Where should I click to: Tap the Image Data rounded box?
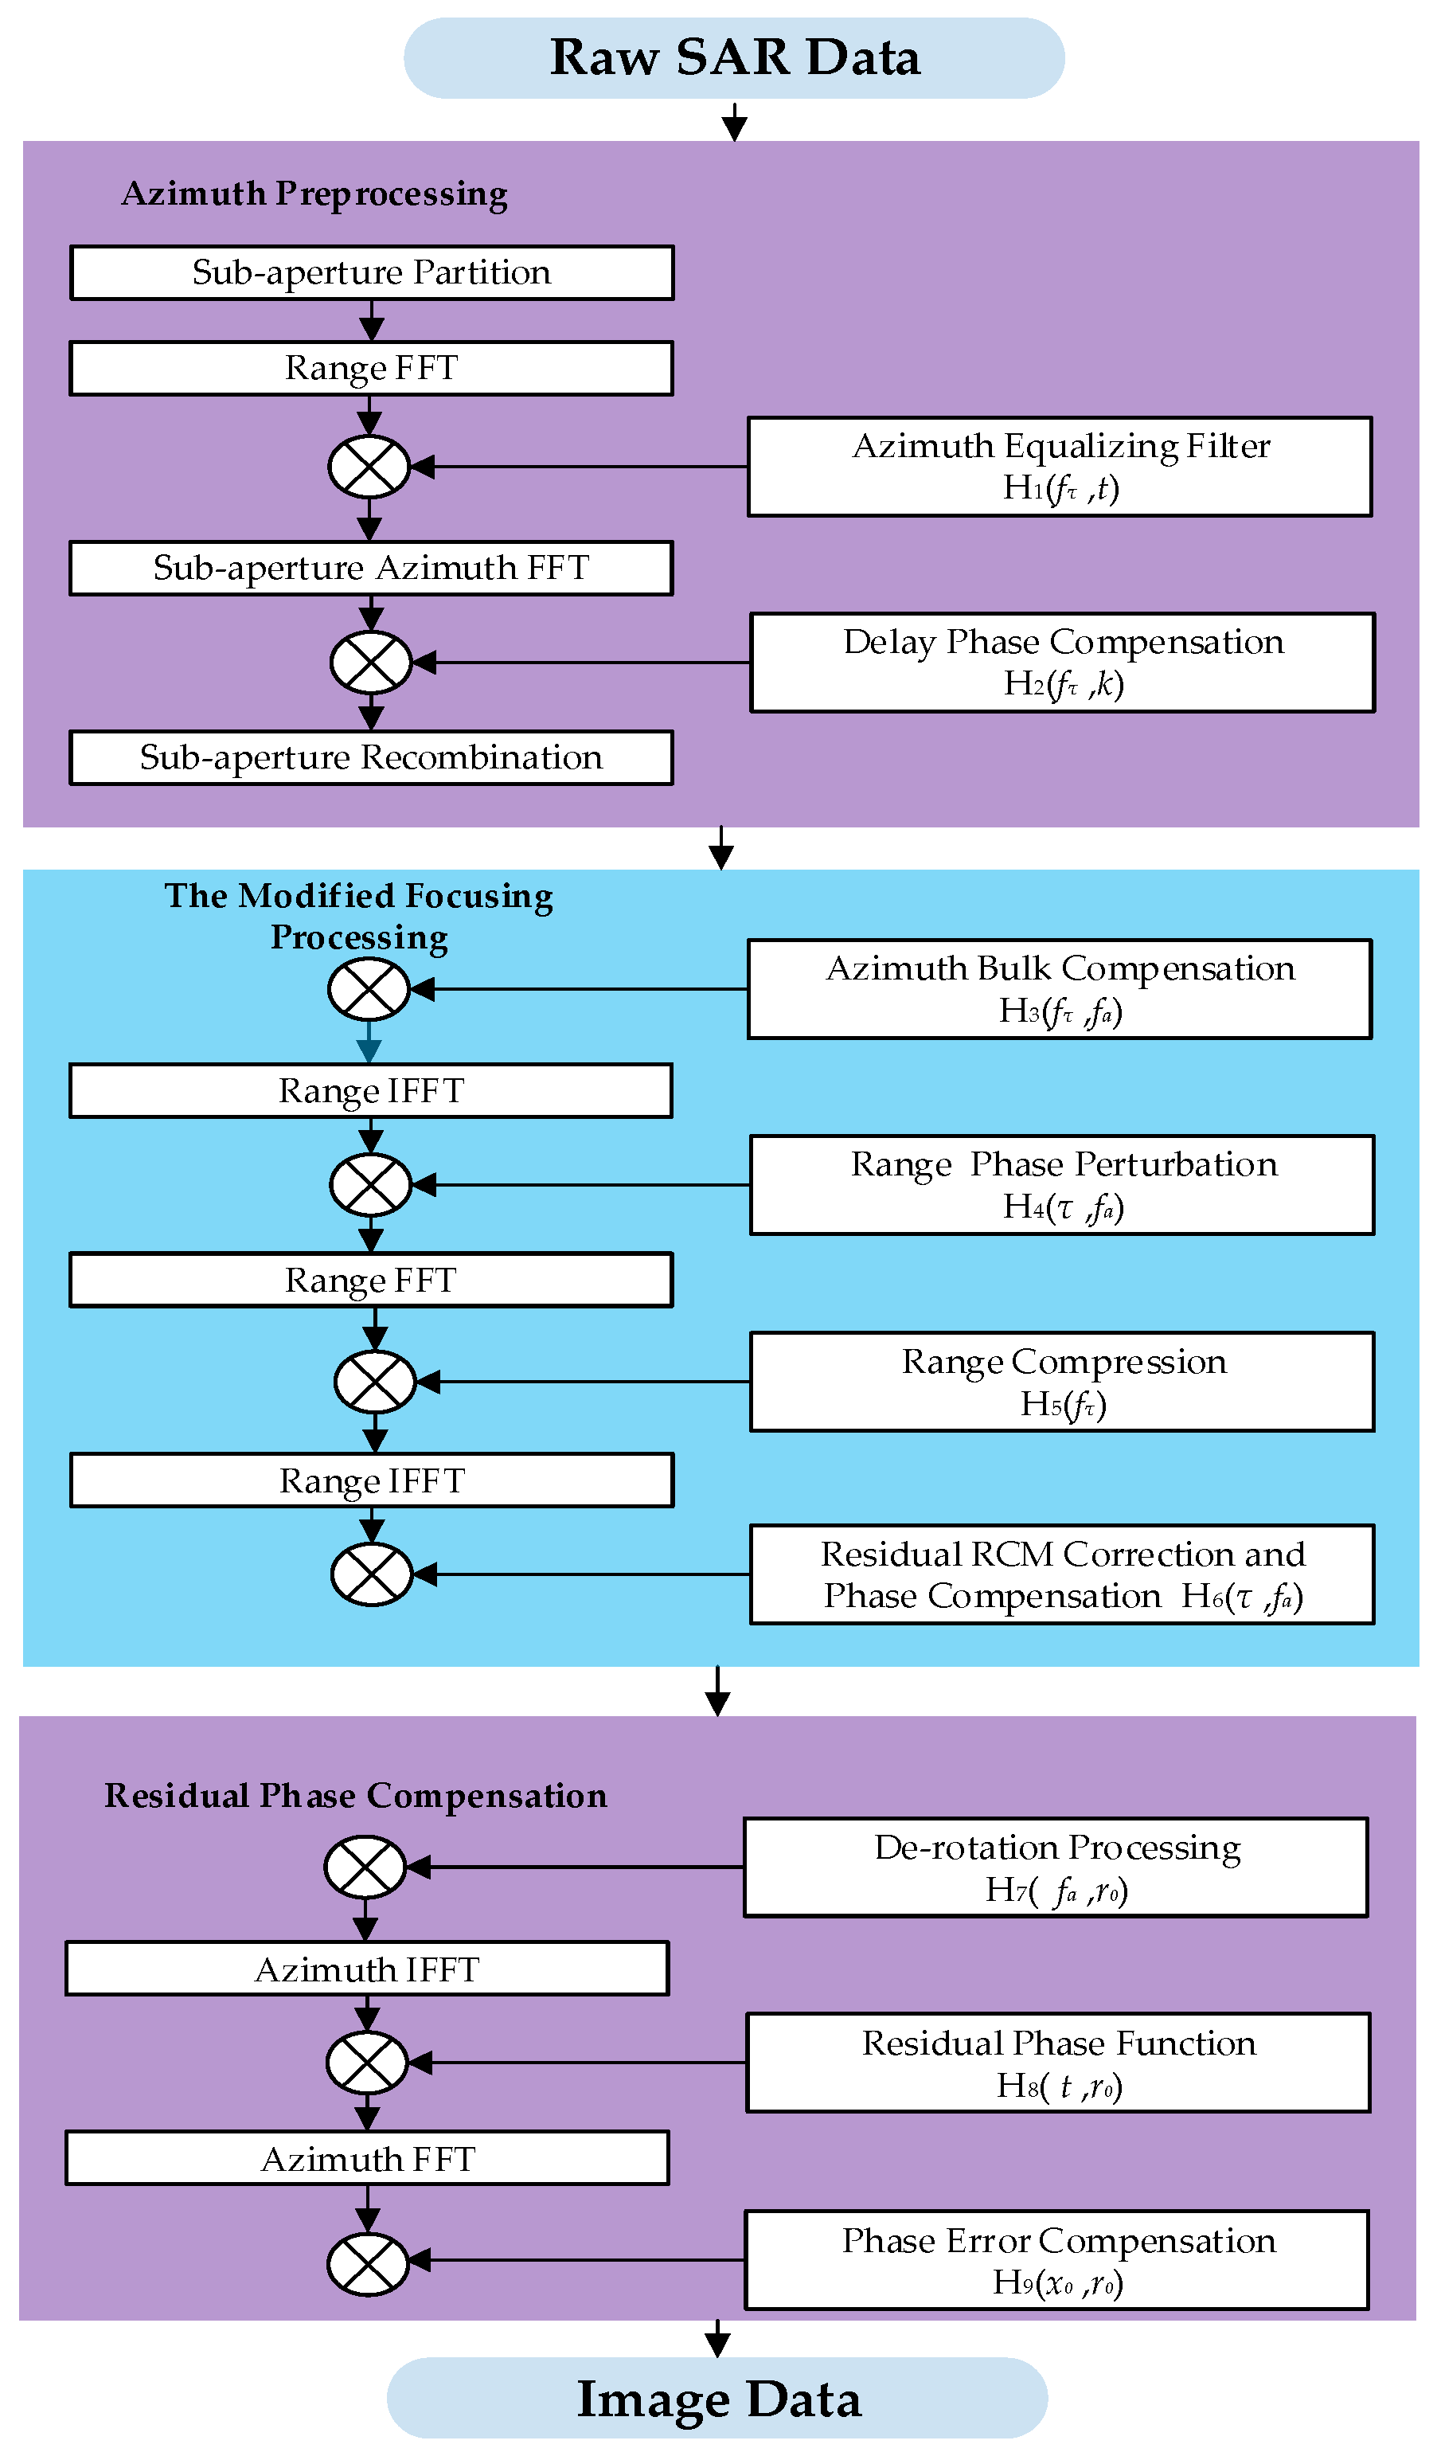717,2399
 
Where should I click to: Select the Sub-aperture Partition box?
371,273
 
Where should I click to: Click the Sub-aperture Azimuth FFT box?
371,568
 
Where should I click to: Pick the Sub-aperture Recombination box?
371,758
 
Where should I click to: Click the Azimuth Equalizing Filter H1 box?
1060,467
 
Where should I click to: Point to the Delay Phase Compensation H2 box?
1062,663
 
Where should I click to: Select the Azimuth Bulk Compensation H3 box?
1060,989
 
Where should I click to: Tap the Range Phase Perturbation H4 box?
1062,1185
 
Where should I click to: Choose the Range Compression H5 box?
1062,1382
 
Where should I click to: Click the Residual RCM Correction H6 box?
1062,1575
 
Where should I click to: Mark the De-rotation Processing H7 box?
1056,1868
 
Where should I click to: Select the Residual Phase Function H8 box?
1058,2063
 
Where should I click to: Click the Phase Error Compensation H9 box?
1057,2260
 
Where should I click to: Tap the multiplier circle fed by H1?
369,467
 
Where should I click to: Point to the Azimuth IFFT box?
367,1969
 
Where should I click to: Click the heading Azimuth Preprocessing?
314,194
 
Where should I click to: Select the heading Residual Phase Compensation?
356,1796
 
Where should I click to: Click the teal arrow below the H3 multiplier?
369,1045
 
